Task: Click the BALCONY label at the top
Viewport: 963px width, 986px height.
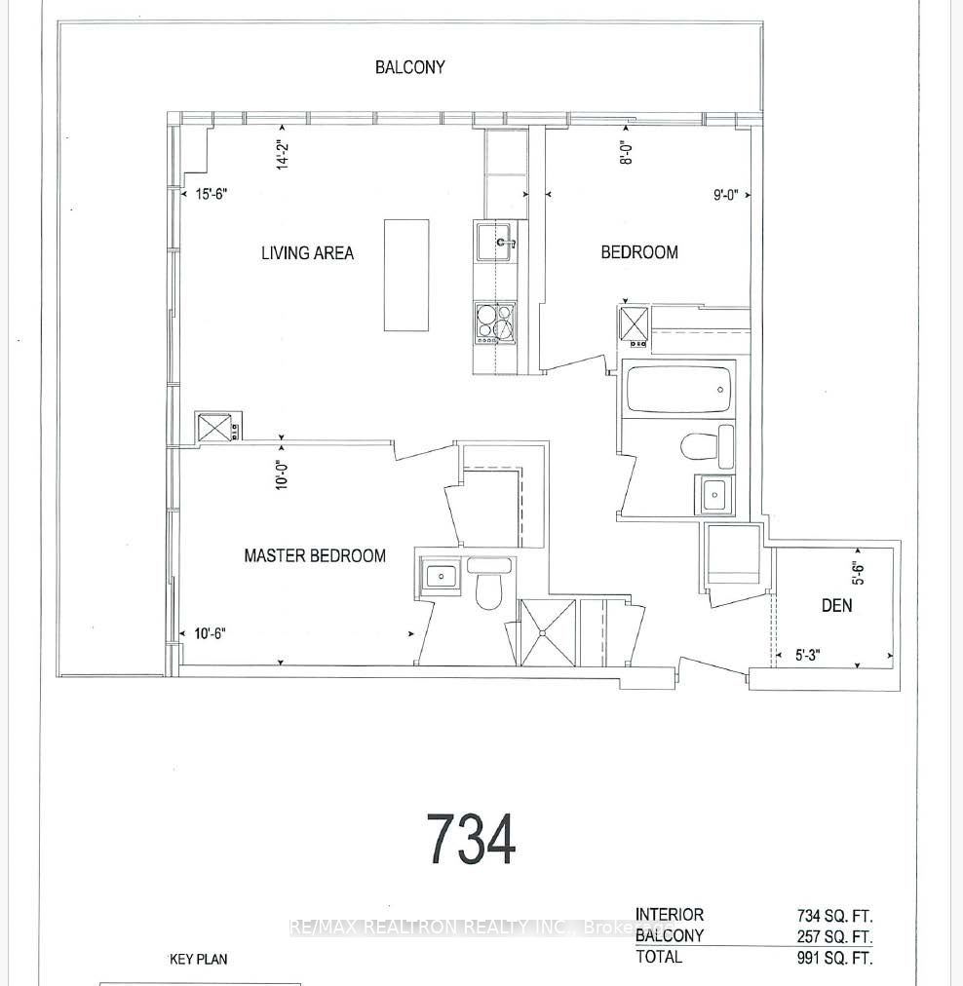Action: (410, 67)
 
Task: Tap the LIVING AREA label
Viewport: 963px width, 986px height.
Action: (307, 253)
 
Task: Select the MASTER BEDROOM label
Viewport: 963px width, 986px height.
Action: (314, 555)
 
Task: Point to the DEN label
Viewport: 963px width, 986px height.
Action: (836, 605)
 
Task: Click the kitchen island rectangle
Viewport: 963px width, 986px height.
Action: (405, 275)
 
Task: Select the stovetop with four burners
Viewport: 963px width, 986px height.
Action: (495, 324)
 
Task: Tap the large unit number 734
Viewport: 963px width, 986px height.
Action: (471, 840)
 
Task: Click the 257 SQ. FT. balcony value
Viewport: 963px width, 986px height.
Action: (833, 935)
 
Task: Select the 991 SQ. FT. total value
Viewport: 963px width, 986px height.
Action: (833, 957)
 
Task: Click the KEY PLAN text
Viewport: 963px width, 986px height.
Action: (199, 960)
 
